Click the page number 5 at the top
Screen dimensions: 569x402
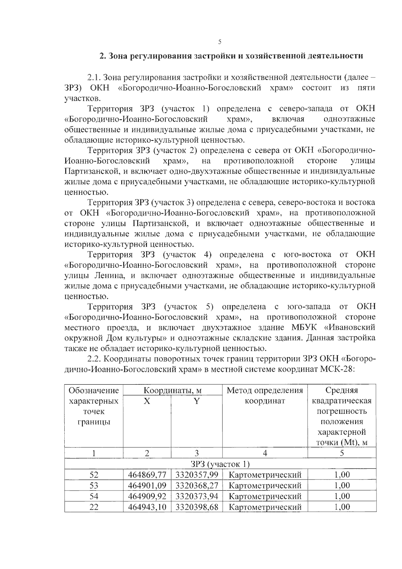click(220, 42)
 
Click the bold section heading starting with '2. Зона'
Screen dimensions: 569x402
click(231, 56)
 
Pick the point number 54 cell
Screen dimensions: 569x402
click(94, 496)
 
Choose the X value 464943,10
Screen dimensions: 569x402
click(147, 507)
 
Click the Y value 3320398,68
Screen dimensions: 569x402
click(197, 507)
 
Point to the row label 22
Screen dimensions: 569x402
click(94, 507)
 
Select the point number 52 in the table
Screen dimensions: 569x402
click(94, 475)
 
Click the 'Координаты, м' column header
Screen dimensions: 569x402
click(173, 390)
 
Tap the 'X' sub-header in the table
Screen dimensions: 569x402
click(147, 401)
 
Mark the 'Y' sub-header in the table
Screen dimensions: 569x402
click(197, 401)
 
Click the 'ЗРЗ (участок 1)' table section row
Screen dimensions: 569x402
click(220, 464)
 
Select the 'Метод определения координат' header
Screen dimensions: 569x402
click(265, 395)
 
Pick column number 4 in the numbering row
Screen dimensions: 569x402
click(265, 453)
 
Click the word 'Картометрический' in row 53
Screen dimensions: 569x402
click(265, 486)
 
